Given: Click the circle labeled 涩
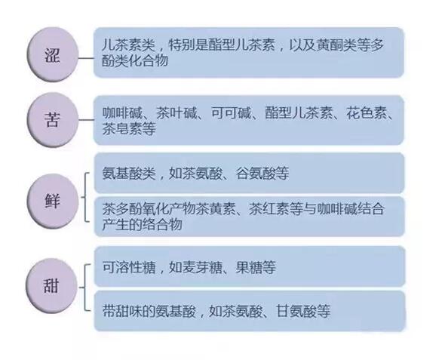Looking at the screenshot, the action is click(x=53, y=54).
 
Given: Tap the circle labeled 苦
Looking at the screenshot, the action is click(x=53, y=120).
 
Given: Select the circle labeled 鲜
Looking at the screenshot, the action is click(x=53, y=202).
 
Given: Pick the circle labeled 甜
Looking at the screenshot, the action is click(x=53, y=286).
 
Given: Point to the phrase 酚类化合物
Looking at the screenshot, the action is click(x=135, y=60).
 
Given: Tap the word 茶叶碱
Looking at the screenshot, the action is click(x=176, y=113).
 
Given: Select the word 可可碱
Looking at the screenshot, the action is click(x=231, y=113).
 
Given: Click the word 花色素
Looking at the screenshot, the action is click(x=367, y=113).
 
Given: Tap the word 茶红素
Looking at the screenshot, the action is click(x=269, y=209).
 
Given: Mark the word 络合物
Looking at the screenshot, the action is click(x=162, y=224).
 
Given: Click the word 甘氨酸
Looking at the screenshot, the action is click(x=296, y=311).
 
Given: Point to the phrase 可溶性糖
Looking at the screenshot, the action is click(x=128, y=267).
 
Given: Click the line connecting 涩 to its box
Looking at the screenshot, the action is click(x=86, y=58).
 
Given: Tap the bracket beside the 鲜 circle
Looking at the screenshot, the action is click(x=84, y=197).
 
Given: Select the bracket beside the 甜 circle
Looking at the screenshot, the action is click(x=84, y=288).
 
